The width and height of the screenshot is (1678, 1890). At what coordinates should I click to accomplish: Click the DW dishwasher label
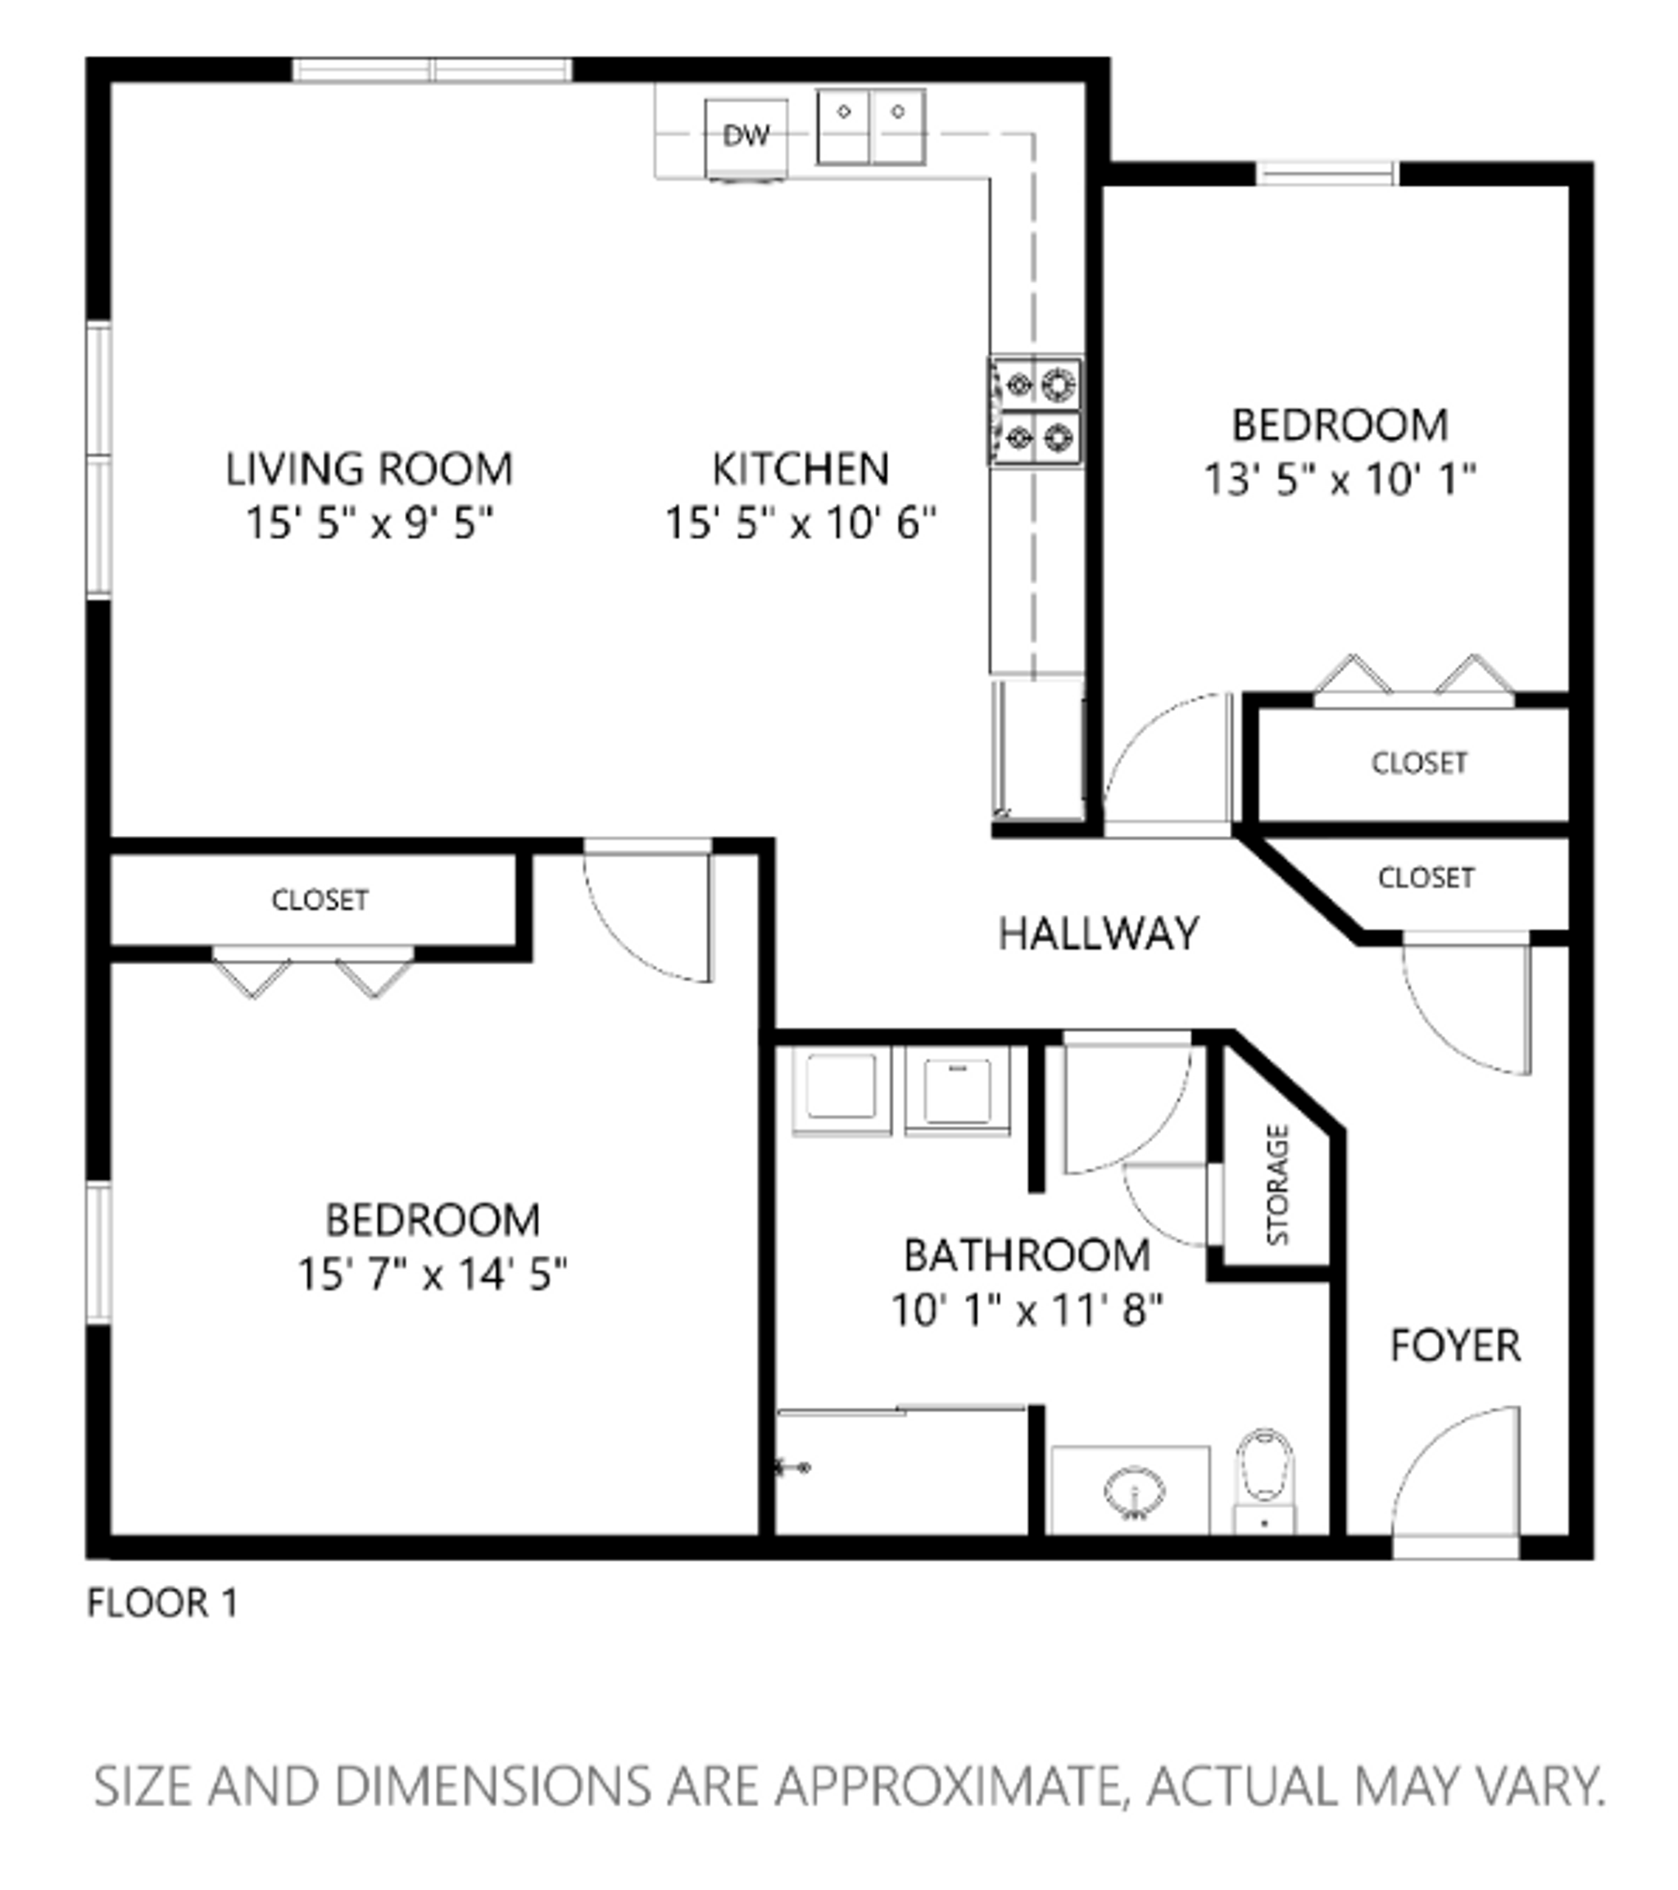(x=745, y=136)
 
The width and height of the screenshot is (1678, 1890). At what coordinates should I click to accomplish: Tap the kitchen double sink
(x=871, y=127)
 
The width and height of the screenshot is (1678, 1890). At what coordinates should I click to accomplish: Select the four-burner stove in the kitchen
(x=1036, y=410)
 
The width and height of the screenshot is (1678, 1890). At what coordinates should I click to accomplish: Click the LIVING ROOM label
(x=369, y=469)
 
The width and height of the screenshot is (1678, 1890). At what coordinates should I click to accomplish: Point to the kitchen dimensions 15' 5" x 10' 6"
(x=800, y=524)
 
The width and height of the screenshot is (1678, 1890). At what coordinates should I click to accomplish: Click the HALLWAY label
(x=1099, y=934)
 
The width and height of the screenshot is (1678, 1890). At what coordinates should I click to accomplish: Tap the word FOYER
(x=1455, y=1346)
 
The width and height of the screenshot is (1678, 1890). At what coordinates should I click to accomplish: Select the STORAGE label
(x=1277, y=1184)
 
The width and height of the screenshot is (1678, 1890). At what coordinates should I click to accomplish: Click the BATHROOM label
(x=1026, y=1256)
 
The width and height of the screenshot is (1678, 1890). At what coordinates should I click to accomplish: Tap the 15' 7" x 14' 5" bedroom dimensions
(x=432, y=1275)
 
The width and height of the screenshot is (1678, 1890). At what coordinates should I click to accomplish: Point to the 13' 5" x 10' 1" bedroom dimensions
(x=1340, y=480)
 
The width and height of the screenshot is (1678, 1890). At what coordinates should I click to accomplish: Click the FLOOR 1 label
(x=163, y=1603)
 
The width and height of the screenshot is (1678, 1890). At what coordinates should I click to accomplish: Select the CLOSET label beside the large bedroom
(x=320, y=900)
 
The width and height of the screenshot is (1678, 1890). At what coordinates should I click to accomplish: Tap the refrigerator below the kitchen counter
(x=1037, y=749)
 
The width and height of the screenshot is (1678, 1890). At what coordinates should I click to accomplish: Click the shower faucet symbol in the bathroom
(x=793, y=1466)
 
